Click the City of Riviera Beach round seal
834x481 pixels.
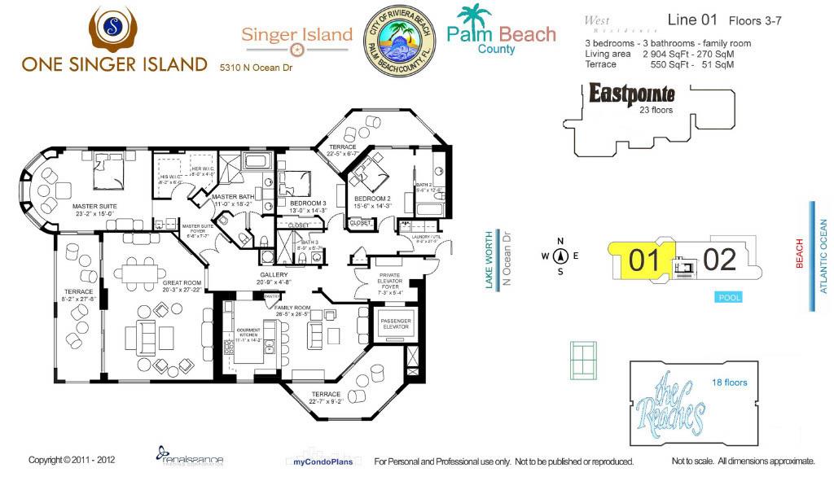click(399, 41)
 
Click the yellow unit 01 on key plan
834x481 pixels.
click(643, 260)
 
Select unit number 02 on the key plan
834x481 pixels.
click(719, 260)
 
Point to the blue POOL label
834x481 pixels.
click(729, 298)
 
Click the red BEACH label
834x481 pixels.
click(799, 253)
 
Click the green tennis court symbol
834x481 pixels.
click(583, 356)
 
